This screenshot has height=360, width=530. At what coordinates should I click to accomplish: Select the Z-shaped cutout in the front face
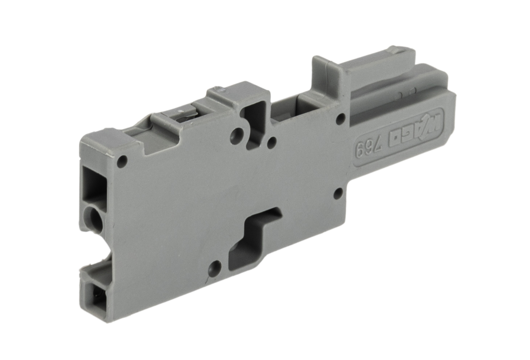click(254, 239)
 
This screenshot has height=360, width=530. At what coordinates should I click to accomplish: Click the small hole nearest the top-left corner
click(122, 160)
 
